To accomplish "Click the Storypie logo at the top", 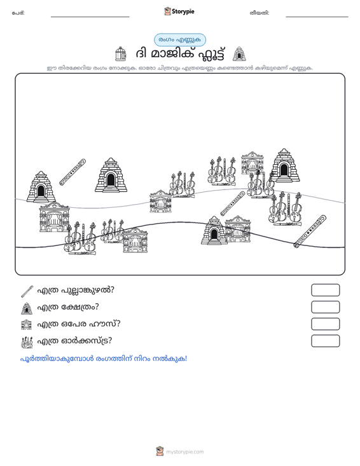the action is pos(179,11).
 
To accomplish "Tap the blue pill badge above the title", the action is pos(180,40).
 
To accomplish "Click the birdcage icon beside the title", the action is pos(120,54).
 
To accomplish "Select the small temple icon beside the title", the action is pos(239,54).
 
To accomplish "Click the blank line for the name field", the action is pos(90,17).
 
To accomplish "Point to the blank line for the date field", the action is pos(317,17).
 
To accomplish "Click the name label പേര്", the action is pos(18,13).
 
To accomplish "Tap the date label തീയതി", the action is pos(260,13).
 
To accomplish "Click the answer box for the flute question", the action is pos(325,290).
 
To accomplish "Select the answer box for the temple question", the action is pos(325,307).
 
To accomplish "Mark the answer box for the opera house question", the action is pos(325,324).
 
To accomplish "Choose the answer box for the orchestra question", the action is pos(325,341).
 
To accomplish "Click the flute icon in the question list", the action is pos(27,291).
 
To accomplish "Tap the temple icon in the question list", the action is pos(27,308).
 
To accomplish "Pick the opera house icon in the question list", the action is pos(27,324).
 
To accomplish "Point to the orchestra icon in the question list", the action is pos(27,342).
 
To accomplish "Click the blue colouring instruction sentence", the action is pos(104,359).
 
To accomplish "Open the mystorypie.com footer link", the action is pos(184,452).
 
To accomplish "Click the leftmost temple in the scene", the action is pos(41,187).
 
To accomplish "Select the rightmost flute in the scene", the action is pos(310,231).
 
